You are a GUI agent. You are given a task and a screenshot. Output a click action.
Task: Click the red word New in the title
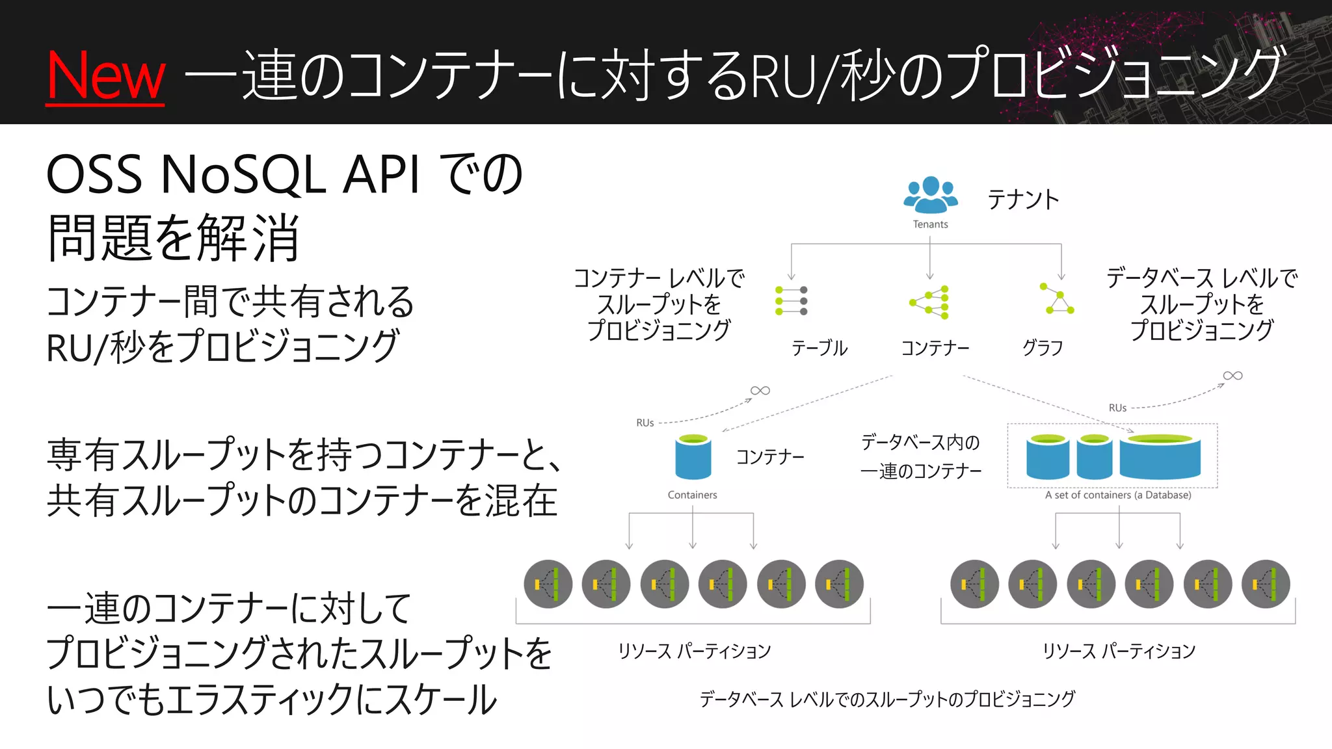[106, 76]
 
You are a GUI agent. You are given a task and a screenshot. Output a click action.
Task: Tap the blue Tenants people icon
[931, 195]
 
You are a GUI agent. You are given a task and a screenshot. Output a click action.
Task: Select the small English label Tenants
[930, 224]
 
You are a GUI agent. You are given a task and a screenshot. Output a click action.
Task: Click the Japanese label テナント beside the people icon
[1023, 200]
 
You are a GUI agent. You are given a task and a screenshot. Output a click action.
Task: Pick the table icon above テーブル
[792, 301]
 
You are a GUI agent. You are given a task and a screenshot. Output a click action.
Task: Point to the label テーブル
[819, 348]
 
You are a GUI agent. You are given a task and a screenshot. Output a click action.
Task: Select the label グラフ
[1043, 348]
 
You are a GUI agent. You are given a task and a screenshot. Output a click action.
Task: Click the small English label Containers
[692, 495]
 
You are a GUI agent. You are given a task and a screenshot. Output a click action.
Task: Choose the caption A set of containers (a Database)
[1118, 495]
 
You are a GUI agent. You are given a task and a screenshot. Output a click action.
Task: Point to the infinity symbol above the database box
[1232, 376]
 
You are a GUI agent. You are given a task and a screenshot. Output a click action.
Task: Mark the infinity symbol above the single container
[760, 391]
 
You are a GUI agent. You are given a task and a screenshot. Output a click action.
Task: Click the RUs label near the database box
[1117, 408]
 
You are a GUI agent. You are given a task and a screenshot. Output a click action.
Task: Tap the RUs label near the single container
[645, 423]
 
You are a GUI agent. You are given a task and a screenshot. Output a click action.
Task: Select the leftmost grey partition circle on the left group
[548, 584]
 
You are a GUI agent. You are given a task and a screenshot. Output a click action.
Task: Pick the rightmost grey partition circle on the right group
[1266, 584]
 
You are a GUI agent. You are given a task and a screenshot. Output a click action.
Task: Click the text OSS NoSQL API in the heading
[233, 176]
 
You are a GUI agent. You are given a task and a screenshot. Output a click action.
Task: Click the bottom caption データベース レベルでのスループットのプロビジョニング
[887, 700]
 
